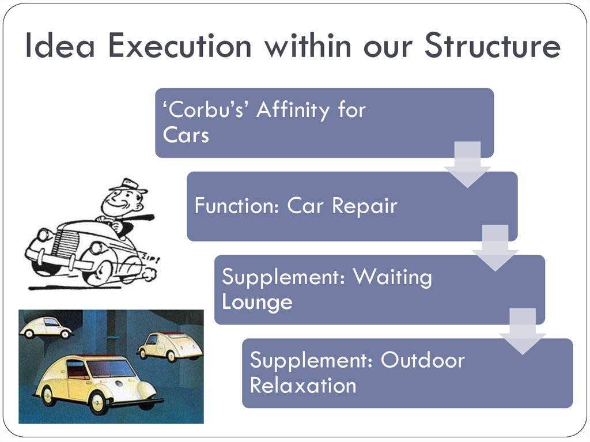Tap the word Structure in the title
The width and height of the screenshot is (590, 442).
pos(493,46)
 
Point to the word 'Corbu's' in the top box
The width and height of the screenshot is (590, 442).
pos(205,109)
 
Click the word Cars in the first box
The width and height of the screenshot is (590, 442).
pos(186,135)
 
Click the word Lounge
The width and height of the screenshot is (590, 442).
pos(257,303)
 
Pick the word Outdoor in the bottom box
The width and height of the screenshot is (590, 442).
pos(422,360)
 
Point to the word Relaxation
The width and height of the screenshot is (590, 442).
pos(303,386)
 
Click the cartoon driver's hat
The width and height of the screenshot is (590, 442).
pos(128,186)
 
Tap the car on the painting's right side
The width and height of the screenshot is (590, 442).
pos(170,346)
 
